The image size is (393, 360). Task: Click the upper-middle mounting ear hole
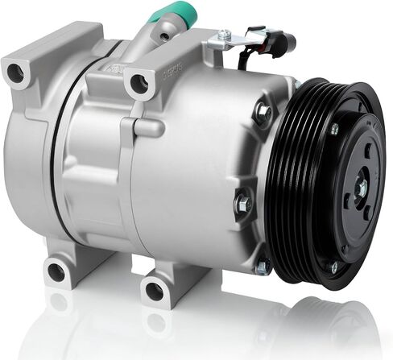[x=139, y=82]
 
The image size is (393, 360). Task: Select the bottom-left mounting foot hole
[x=56, y=271]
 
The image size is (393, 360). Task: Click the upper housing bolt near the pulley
[x=263, y=114]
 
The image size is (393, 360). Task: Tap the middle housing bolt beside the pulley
[x=242, y=203]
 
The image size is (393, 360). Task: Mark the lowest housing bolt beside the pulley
[x=261, y=265]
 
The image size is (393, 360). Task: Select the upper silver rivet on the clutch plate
[x=334, y=129]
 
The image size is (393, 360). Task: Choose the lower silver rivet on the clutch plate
[x=333, y=267]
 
